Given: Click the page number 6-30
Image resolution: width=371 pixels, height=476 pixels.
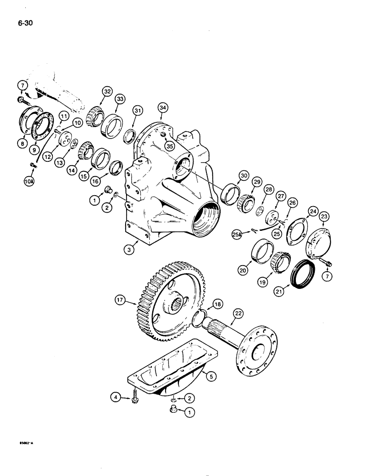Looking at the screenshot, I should [23, 23].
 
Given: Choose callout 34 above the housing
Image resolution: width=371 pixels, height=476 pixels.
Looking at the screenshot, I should [163, 108].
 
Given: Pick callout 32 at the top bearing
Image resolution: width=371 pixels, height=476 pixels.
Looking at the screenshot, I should [106, 91].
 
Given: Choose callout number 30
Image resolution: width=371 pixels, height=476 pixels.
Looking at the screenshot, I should [244, 175].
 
